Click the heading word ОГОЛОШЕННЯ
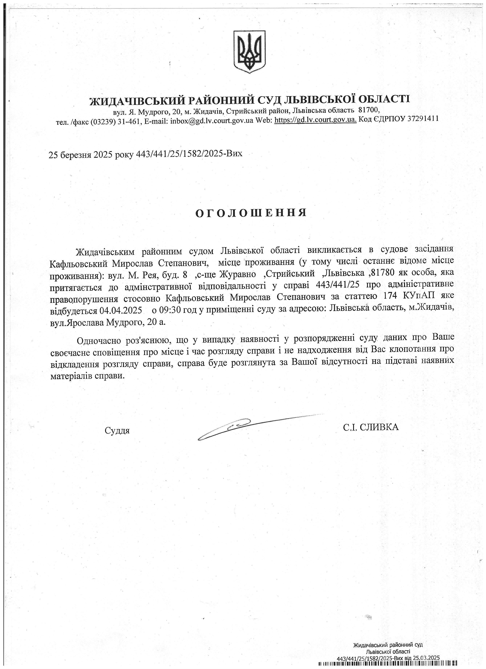click(251, 213)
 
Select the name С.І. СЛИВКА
click(371, 427)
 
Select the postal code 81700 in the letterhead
click(368, 110)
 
